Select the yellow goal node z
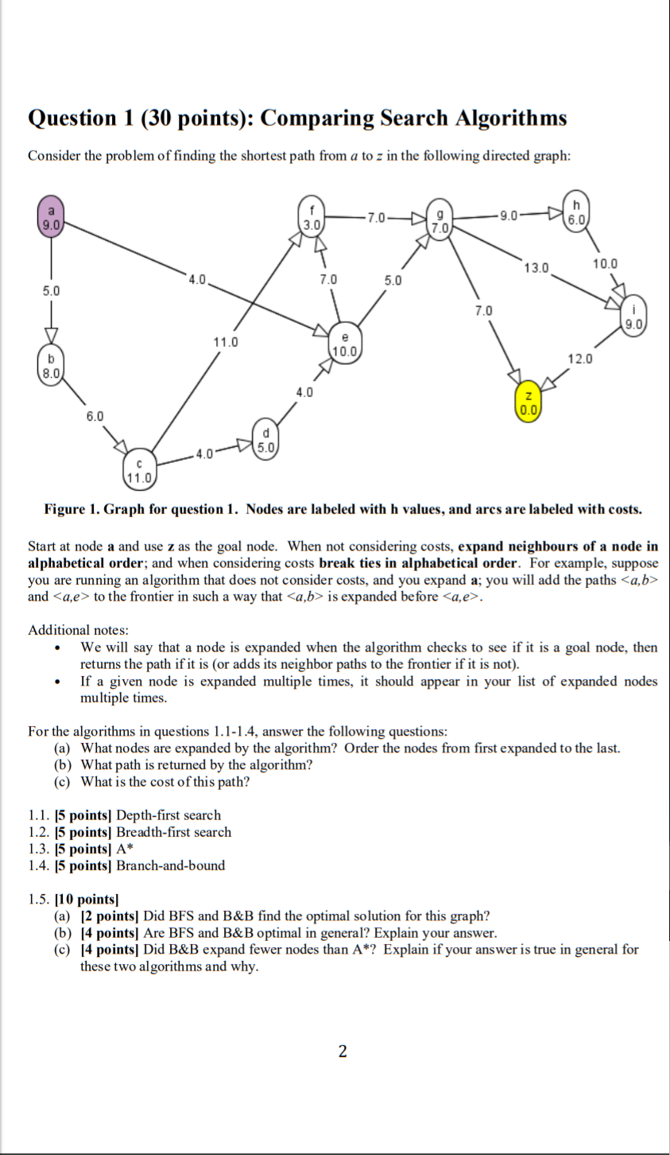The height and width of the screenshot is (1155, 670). click(x=529, y=403)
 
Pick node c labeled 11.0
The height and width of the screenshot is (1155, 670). click(x=139, y=471)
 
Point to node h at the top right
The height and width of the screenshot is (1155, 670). click(x=575, y=212)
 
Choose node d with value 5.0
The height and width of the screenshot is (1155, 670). click(x=266, y=440)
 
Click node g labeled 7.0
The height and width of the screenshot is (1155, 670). click(x=439, y=221)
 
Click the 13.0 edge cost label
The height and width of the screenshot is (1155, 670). click(x=536, y=267)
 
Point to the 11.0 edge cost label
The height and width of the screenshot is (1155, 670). click(x=225, y=342)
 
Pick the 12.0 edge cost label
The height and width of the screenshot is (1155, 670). click(x=579, y=360)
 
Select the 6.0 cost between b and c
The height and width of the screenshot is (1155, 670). click(x=95, y=416)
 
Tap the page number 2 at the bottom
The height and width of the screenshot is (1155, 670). click(x=343, y=1052)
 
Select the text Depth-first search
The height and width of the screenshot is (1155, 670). click(x=168, y=815)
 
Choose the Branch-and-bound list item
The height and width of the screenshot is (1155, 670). click(x=170, y=865)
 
